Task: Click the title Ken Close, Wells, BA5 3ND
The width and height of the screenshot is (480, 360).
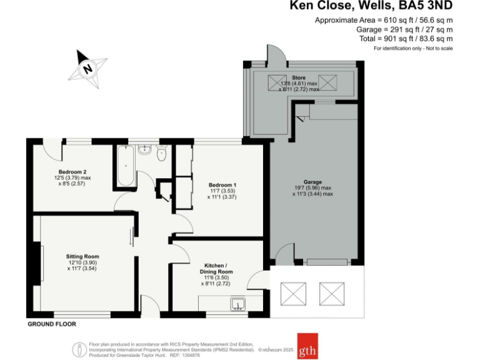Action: click(x=371, y=7)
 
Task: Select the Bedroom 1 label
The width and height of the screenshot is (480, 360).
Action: click(x=222, y=185)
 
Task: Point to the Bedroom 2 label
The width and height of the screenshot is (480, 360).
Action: click(x=72, y=172)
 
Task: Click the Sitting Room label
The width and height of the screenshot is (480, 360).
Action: click(x=83, y=256)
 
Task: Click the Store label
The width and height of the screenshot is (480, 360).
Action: click(x=299, y=77)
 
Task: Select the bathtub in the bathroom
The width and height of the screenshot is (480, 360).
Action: click(x=124, y=166)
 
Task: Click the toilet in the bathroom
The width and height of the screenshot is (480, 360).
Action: click(x=162, y=154)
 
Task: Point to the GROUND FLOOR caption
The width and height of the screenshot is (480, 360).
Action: click(x=52, y=324)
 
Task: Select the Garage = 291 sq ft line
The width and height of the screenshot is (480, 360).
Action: click(x=404, y=29)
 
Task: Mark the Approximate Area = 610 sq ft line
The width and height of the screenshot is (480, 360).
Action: click(x=384, y=21)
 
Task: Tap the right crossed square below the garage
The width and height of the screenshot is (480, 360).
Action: click(x=332, y=292)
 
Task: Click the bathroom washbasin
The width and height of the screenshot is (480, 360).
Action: click(x=144, y=149)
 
